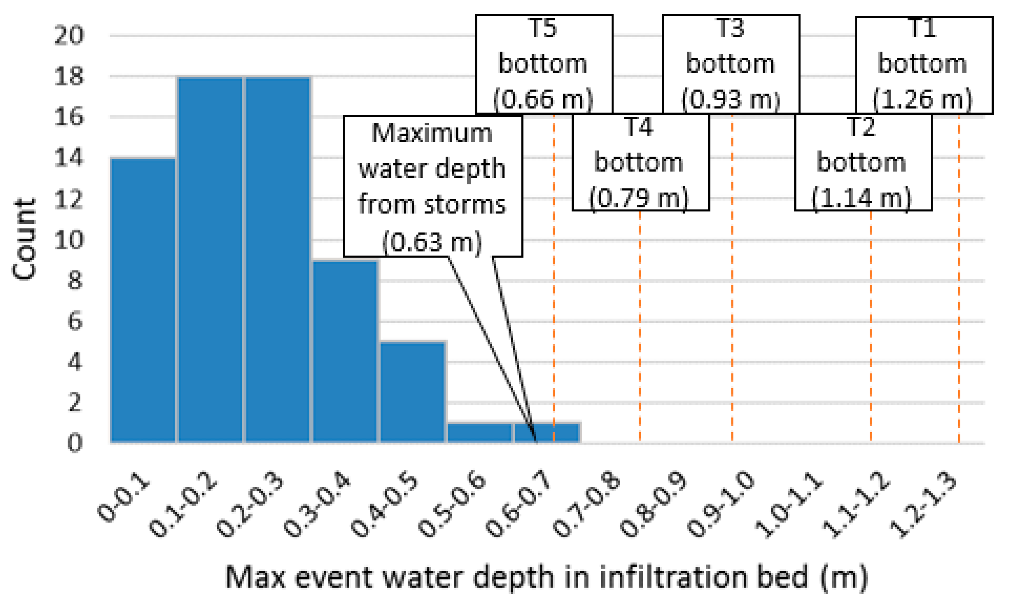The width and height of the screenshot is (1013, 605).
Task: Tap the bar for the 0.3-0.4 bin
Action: pyautogui.click(x=345, y=351)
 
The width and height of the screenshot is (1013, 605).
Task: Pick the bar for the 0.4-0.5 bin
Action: pyautogui.click(x=412, y=391)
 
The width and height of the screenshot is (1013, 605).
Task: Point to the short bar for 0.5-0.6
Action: pyautogui.click(x=479, y=432)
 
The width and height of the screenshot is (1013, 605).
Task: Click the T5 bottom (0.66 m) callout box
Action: pyautogui.click(x=544, y=64)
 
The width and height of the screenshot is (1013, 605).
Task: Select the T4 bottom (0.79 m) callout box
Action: pyautogui.click(x=640, y=162)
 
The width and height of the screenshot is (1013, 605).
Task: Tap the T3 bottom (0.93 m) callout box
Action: pyautogui.click(x=731, y=64)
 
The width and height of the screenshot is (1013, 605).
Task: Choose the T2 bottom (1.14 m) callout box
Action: pyautogui.click(x=863, y=162)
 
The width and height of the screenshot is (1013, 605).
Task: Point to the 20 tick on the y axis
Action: pyautogui.click(x=69, y=36)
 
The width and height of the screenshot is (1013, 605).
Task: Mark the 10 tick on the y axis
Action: pyautogui.click(x=69, y=240)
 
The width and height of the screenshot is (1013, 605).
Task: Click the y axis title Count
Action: pyautogui.click(x=24, y=239)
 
